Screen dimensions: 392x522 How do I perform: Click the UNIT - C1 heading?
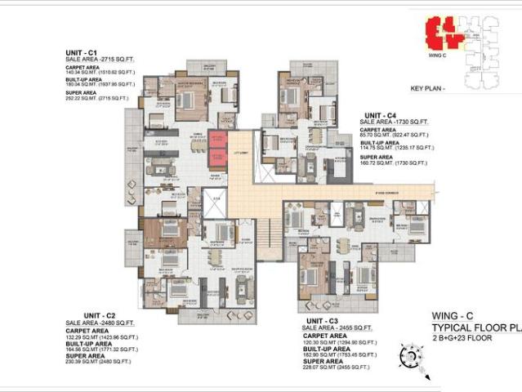pos(82,52)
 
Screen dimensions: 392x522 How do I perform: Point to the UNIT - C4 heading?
pos(380,115)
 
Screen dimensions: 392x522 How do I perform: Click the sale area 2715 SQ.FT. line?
pos(100,59)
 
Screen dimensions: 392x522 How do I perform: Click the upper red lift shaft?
pos(217,140)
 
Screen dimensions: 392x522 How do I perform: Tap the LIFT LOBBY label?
pos(239,154)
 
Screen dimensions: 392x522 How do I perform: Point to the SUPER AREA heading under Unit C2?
pos(86,356)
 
